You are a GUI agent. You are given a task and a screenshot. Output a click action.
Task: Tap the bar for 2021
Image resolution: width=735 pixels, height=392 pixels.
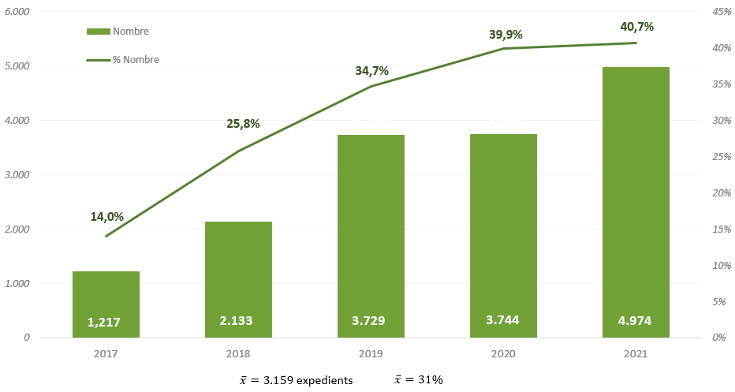pyautogui.click(x=636, y=197)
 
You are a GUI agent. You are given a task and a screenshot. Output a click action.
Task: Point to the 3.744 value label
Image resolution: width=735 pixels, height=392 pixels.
pyautogui.click(x=503, y=320)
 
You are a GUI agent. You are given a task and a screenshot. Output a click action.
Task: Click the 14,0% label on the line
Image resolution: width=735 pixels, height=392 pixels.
pyautogui.click(x=106, y=217)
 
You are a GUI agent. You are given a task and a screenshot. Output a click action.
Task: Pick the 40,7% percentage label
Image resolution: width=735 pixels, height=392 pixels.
pyautogui.click(x=637, y=27)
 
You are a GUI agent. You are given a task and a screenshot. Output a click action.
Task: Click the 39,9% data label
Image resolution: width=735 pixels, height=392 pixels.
pyautogui.click(x=506, y=34)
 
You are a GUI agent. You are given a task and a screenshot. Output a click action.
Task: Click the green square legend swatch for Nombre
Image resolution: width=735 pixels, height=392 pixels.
pyautogui.click(x=99, y=32)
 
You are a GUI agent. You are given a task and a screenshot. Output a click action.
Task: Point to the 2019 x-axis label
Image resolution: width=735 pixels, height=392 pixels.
pyautogui.click(x=371, y=354)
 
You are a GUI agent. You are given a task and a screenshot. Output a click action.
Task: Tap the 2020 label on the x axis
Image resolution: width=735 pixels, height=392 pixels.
pyautogui.click(x=503, y=354)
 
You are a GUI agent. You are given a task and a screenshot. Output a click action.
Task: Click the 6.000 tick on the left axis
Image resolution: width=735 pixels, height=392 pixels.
pyautogui.click(x=17, y=12)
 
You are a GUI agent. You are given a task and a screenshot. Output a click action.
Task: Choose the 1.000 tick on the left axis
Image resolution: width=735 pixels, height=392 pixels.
pyautogui.click(x=17, y=283)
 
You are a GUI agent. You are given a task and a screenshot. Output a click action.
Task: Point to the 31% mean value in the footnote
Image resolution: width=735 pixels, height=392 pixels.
pyautogui.click(x=431, y=380)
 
